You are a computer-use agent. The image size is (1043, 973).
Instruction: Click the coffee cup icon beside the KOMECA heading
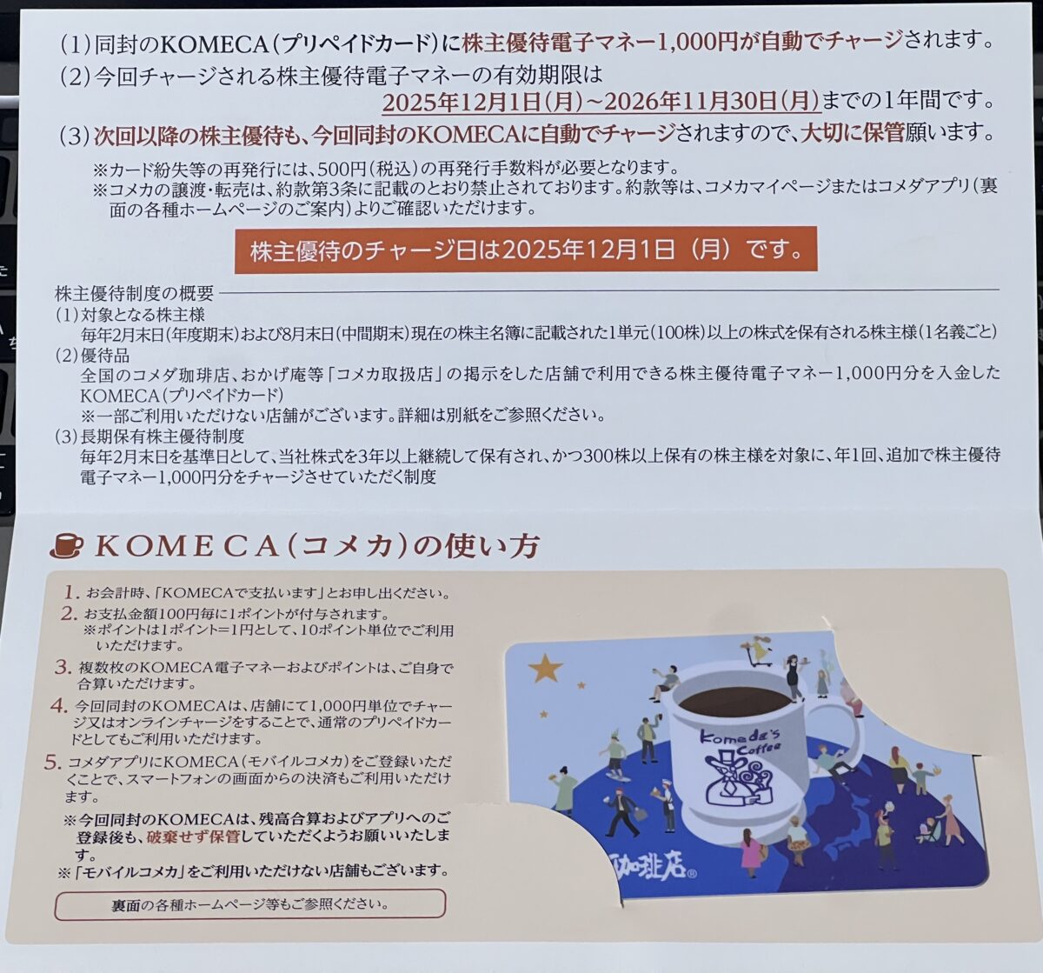[x=66, y=546]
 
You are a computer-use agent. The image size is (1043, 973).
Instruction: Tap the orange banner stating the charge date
[x=526, y=250]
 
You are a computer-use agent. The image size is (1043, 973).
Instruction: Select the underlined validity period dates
[x=601, y=101]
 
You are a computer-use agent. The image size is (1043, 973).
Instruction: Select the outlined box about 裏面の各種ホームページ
[x=250, y=904]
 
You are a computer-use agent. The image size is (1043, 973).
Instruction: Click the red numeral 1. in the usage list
[x=71, y=592]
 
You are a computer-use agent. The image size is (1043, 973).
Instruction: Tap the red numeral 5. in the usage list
[x=53, y=763]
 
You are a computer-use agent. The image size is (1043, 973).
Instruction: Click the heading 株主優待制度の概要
[x=134, y=292]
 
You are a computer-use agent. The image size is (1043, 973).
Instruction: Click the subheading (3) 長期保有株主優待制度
[x=149, y=436]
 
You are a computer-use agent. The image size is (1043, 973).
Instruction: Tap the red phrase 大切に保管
[x=852, y=135]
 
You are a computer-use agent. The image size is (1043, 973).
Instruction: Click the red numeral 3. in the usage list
[x=63, y=668]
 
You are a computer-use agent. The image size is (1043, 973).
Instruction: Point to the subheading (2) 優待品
[x=92, y=356]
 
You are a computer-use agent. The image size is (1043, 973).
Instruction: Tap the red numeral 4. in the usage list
[x=59, y=705]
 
